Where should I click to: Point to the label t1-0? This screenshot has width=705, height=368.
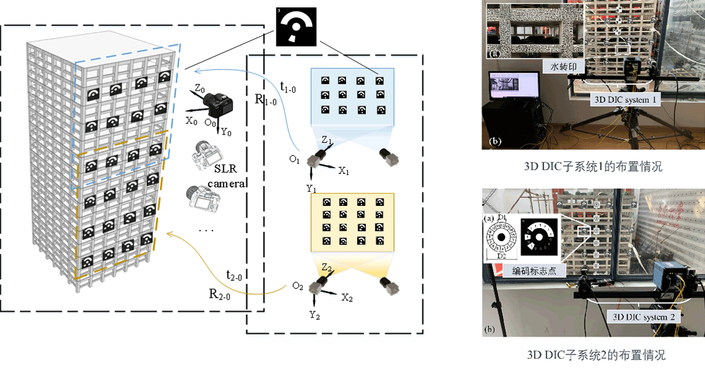pyautogui.click(x=289, y=89)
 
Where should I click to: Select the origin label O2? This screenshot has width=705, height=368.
pyautogui.click(x=297, y=286)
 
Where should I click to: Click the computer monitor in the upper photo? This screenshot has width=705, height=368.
pyautogui.click(x=513, y=88)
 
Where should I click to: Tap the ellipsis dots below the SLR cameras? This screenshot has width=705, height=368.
pyautogui.click(x=206, y=229)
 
